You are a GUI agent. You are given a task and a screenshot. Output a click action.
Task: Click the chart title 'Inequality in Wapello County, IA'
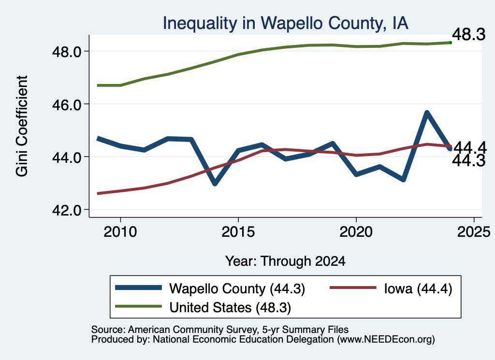(285, 23)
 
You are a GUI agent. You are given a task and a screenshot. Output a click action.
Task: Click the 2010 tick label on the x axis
(120, 232)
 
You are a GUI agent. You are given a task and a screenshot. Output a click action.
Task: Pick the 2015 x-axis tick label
(238, 232)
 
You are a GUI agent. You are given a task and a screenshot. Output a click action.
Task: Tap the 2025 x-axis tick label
(474, 232)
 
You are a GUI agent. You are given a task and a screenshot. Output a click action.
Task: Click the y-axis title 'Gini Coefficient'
(22, 126)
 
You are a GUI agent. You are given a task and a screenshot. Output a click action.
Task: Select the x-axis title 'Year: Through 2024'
(285, 261)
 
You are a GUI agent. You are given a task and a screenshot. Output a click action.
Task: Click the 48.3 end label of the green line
(468, 34)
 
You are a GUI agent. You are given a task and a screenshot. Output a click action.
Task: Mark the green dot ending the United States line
(451, 43)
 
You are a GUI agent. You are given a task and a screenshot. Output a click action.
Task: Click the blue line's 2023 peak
(427, 113)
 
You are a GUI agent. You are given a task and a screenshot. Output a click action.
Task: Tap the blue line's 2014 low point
(215, 183)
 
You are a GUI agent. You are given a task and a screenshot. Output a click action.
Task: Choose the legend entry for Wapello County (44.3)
(210, 288)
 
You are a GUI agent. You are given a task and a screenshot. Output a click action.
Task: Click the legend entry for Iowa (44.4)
(391, 288)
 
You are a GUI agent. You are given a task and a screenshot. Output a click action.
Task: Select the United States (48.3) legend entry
(203, 307)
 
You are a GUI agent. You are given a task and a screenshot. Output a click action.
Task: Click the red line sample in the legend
(353, 288)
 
